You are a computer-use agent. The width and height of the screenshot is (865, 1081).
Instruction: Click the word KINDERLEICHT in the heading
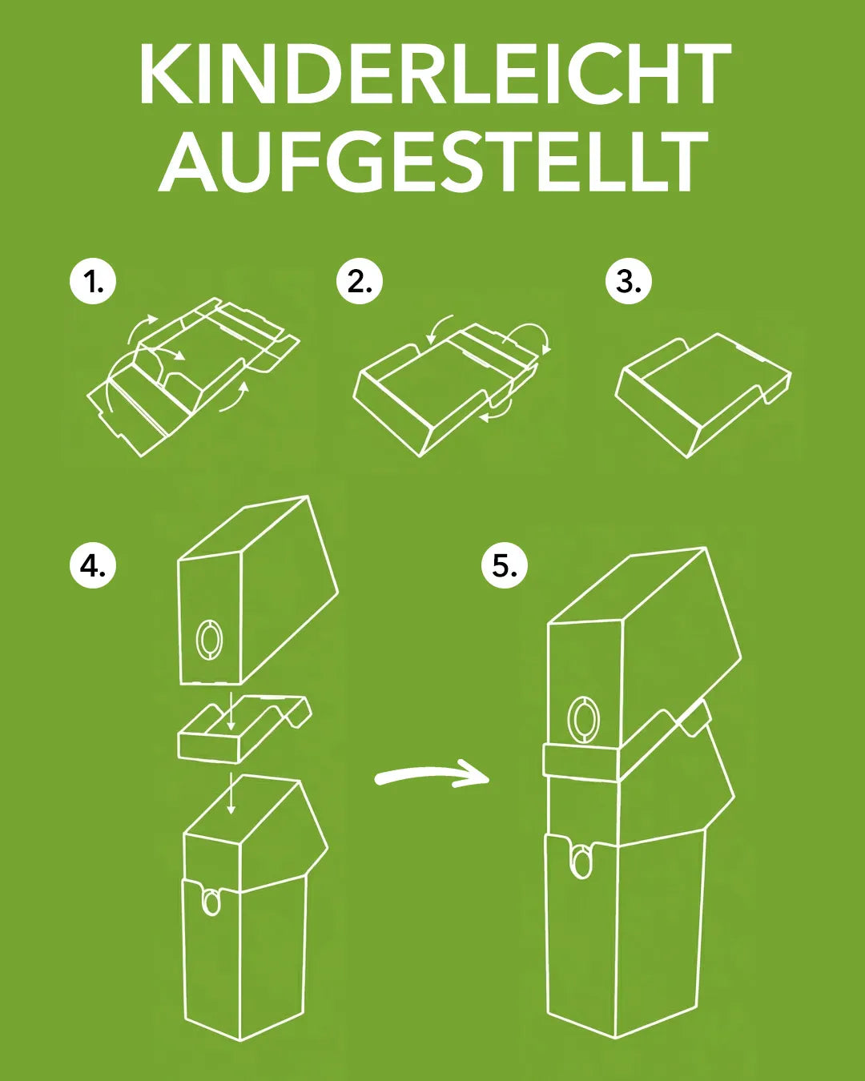pos(433,74)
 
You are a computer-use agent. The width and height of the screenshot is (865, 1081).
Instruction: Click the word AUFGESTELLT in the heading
pos(433,162)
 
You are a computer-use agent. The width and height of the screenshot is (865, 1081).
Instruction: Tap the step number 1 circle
pos(93,282)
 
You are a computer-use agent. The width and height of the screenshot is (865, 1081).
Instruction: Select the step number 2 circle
pos(360,282)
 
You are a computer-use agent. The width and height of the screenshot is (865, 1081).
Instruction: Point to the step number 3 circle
pos(629,282)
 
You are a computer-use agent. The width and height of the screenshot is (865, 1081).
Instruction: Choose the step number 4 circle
pos(93,565)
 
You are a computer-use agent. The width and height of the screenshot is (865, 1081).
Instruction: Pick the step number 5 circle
pos(505,565)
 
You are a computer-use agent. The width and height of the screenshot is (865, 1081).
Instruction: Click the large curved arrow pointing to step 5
pos(432,776)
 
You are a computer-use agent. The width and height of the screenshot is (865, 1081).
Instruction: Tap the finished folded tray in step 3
pos(701,392)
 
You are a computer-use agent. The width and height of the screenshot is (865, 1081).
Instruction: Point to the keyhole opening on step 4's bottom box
pos(211,901)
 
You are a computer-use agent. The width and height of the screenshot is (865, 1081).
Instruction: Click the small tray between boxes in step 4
pos(240,729)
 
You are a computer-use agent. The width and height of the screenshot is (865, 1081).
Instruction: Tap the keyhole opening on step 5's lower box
pos(582,861)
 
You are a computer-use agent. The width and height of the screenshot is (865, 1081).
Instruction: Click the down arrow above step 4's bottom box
pos(231,794)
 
